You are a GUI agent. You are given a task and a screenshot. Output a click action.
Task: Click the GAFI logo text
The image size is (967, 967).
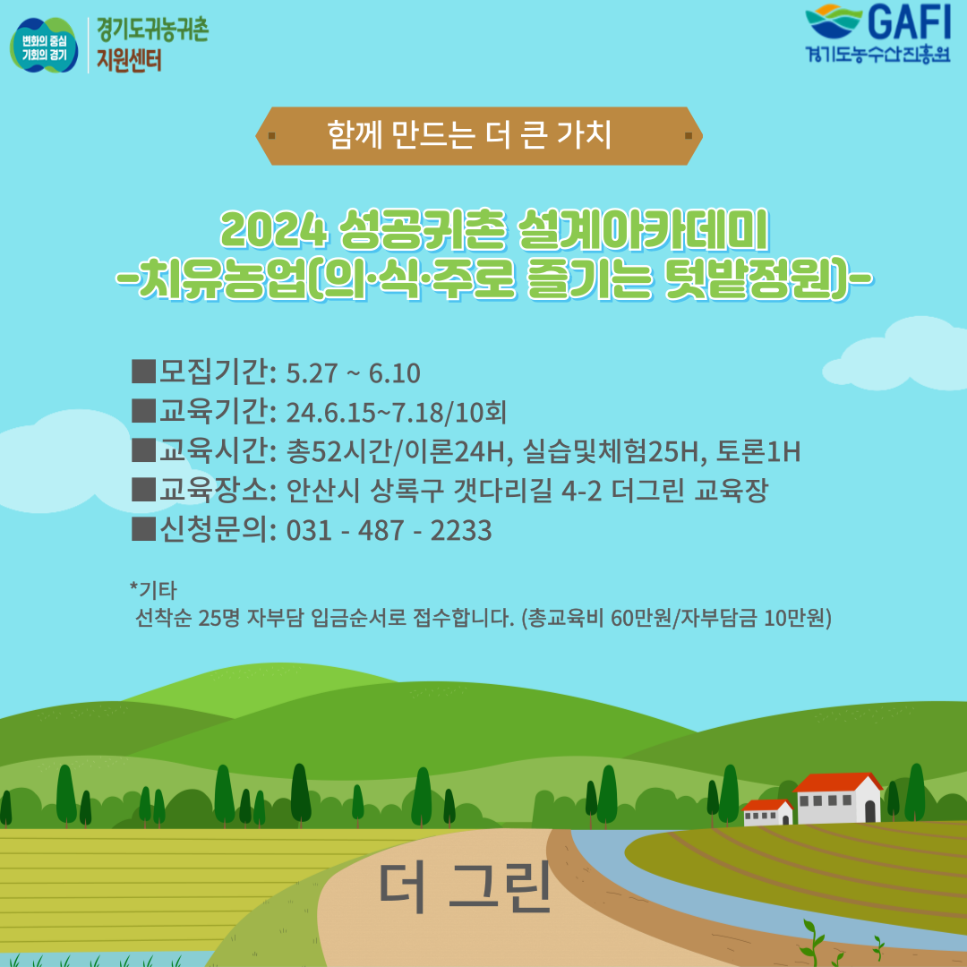[910, 22]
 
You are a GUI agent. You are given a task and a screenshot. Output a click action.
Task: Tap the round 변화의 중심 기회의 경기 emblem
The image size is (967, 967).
[44, 46]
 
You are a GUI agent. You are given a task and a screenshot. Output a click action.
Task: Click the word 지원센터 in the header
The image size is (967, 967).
[129, 61]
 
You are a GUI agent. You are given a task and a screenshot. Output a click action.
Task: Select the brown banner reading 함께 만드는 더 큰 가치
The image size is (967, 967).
[479, 136]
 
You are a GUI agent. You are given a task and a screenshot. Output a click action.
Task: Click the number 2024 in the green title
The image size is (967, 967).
[273, 231]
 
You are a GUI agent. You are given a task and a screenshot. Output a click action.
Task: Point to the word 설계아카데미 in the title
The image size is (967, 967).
[643, 230]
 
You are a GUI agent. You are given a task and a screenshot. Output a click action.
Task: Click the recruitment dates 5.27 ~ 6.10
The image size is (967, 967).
[354, 373]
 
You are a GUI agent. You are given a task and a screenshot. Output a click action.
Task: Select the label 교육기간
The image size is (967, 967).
[214, 412]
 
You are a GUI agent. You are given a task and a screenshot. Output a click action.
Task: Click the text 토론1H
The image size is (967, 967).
[758, 452]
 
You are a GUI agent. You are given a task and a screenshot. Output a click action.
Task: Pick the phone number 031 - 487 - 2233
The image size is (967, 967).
[389, 531]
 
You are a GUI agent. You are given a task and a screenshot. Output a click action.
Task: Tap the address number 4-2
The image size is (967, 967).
[582, 492]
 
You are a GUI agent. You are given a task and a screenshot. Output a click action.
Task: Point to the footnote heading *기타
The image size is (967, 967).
[153, 590]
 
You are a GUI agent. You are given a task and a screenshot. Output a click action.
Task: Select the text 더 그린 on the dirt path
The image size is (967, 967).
[465, 888]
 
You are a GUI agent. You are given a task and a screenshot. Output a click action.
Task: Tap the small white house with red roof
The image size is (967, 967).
[767, 812]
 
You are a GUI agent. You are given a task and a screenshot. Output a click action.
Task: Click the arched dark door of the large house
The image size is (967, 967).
[869, 811]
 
